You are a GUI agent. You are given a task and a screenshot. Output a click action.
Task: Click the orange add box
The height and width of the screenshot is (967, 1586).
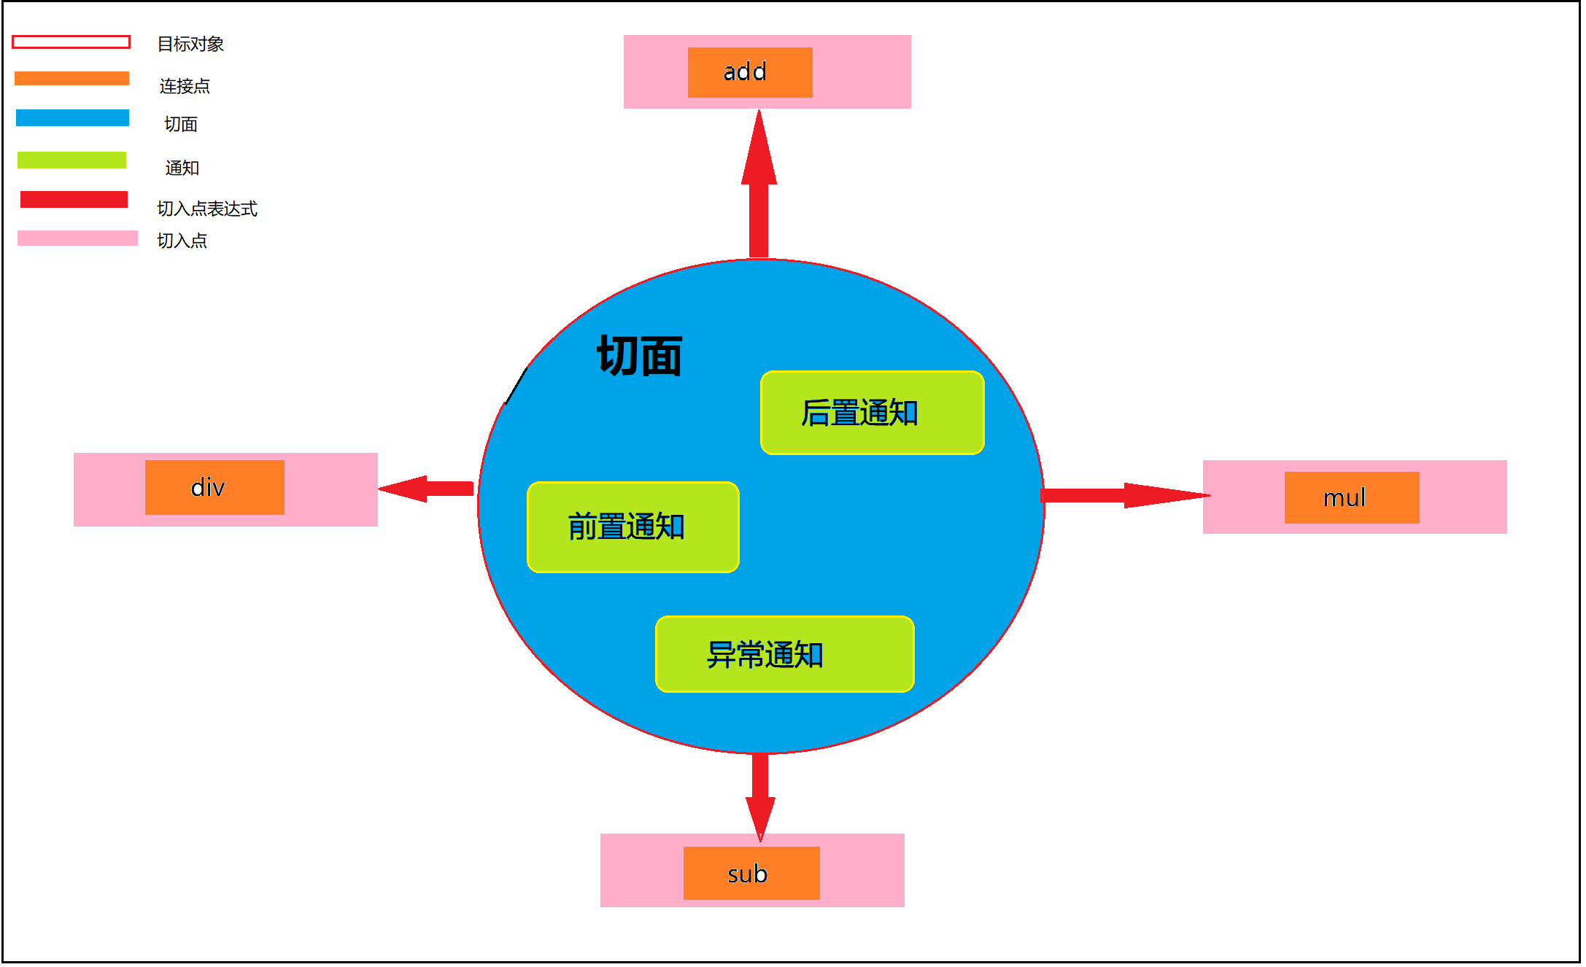(x=749, y=72)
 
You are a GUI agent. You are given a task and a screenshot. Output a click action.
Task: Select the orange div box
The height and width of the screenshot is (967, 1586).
(x=214, y=487)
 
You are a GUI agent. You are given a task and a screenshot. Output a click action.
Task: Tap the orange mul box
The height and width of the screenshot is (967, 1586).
(x=1351, y=497)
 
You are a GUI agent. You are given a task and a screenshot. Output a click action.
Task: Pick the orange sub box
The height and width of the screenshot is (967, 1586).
(x=751, y=873)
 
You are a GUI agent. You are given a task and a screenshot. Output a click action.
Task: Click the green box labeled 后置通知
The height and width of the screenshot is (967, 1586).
(x=872, y=413)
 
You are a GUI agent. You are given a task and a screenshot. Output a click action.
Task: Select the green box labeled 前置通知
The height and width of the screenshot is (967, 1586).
(x=633, y=527)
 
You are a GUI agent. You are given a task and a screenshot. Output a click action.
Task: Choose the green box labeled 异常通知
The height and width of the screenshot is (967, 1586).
(x=784, y=654)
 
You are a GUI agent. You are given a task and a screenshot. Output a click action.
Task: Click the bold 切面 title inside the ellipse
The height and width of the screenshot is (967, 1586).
(x=639, y=356)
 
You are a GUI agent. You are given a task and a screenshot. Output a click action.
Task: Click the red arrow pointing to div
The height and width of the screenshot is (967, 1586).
(x=427, y=488)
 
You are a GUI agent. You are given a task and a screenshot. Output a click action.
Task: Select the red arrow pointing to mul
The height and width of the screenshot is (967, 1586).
(x=1123, y=496)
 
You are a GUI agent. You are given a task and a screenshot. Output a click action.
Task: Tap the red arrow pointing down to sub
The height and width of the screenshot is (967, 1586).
(x=760, y=795)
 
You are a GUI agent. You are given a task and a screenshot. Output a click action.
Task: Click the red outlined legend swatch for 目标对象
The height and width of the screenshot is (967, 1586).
(x=71, y=42)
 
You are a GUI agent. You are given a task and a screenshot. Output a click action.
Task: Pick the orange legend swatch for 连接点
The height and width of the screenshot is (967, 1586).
(x=71, y=78)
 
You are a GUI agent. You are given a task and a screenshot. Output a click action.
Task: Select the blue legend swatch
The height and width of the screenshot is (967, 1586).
(x=72, y=117)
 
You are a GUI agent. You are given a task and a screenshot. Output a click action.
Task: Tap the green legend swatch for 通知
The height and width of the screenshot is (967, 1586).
(x=71, y=160)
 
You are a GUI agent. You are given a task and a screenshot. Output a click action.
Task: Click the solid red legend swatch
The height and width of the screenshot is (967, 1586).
(x=74, y=199)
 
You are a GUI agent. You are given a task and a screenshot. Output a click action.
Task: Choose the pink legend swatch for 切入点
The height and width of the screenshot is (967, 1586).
(x=77, y=238)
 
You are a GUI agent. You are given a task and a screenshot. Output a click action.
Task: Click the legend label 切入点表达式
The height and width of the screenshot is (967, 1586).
(x=207, y=209)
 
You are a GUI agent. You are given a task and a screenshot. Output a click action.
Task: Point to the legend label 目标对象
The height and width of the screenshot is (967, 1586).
(x=190, y=44)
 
